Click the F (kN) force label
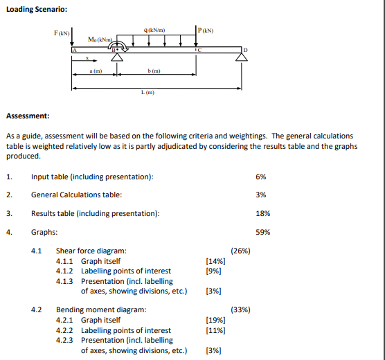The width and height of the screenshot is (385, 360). click(61, 33)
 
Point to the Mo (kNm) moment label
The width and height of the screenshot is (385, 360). click(100, 39)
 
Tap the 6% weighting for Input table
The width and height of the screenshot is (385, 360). click(260, 177)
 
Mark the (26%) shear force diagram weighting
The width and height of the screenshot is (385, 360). click(240, 251)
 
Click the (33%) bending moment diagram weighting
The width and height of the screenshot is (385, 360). click(240, 309)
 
